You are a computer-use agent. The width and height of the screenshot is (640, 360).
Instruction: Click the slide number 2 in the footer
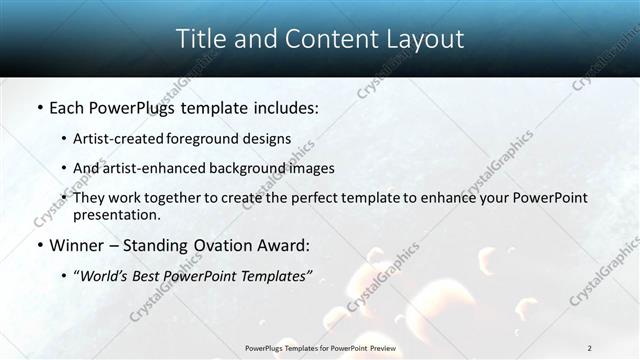[x=589, y=347]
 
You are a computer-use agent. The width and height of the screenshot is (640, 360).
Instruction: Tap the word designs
[x=268, y=138]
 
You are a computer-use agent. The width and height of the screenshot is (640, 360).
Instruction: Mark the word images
[x=313, y=168]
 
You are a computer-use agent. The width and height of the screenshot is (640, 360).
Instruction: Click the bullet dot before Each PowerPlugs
[x=38, y=107]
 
